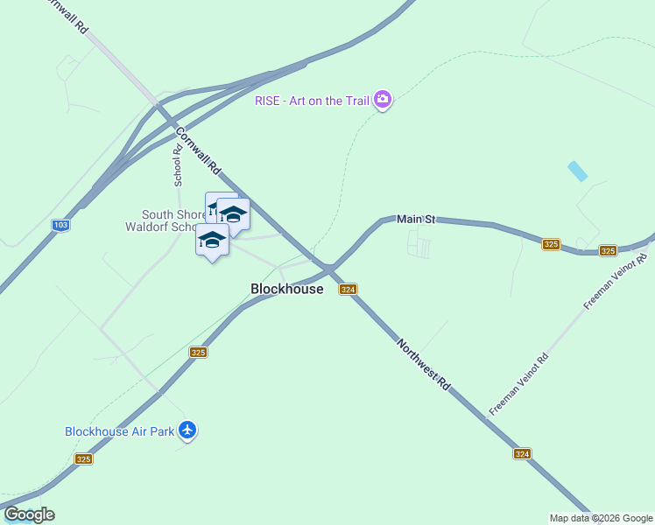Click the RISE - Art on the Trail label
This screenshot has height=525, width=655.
(x=312, y=101)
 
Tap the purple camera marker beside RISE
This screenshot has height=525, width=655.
(x=383, y=99)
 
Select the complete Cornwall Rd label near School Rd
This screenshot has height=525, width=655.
(x=198, y=150)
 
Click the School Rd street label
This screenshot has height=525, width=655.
(x=178, y=164)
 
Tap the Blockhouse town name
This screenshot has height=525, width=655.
(x=286, y=289)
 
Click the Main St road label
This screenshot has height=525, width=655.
(x=416, y=219)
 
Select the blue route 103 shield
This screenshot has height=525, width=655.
(x=60, y=225)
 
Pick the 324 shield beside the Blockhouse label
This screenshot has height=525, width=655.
(x=348, y=290)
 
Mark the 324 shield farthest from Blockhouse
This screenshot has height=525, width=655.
(x=522, y=453)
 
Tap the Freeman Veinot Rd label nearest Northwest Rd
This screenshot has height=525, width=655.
(x=519, y=384)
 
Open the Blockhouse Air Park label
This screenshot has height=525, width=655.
(x=119, y=431)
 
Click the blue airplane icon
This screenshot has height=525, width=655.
(x=187, y=430)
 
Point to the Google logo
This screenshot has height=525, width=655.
(x=29, y=514)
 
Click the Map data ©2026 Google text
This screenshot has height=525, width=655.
(x=601, y=518)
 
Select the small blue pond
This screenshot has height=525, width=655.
(x=577, y=171)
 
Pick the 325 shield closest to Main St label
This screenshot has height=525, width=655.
(x=551, y=245)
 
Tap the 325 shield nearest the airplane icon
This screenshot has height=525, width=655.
(x=198, y=352)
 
